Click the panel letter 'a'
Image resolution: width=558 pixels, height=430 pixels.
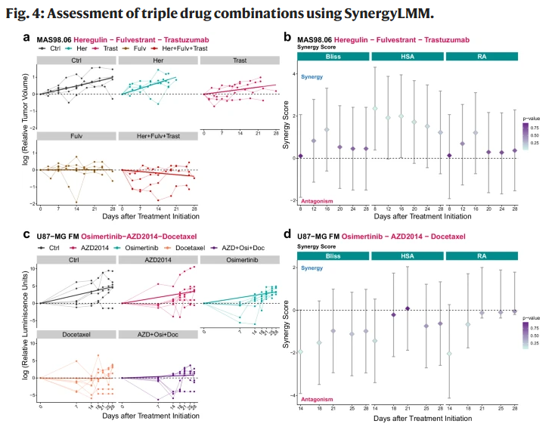27,36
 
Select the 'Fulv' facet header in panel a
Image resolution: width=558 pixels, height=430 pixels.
76,136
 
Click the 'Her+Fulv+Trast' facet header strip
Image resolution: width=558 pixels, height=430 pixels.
157,136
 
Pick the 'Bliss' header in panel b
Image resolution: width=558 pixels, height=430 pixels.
329,57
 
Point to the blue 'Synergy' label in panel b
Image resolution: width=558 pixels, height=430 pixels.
312,77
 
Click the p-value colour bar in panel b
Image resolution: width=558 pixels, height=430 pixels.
526,135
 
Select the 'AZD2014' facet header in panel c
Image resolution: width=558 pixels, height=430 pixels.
157,259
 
